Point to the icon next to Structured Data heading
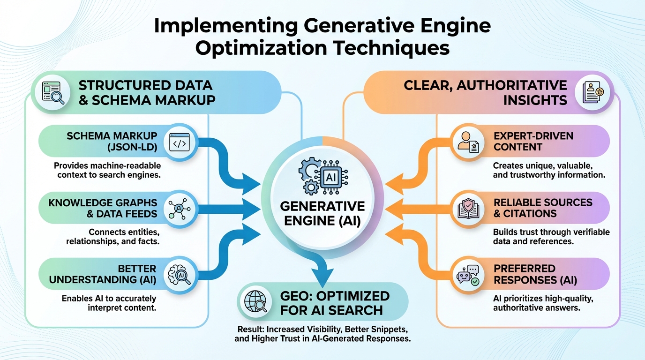point(51,92)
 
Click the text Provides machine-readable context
point(107,170)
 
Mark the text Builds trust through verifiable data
point(551,237)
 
